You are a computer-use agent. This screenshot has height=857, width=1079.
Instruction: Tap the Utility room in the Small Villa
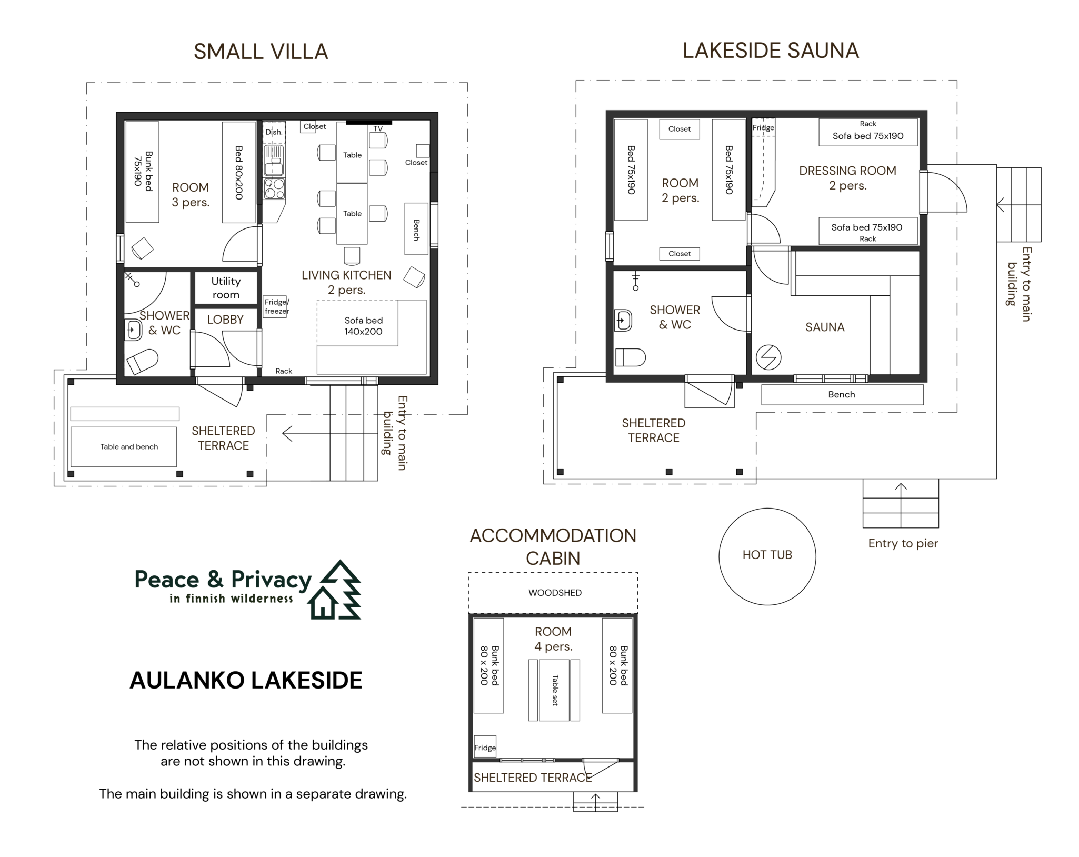(226, 288)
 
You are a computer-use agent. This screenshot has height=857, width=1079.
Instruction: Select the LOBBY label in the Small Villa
(225, 320)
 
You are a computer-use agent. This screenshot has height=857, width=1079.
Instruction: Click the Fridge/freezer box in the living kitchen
(275, 306)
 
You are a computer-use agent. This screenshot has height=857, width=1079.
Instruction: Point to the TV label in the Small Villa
(378, 128)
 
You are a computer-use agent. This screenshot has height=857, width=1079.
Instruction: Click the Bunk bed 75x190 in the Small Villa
(143, 172)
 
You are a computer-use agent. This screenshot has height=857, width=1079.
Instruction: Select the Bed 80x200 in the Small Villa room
(238, 173)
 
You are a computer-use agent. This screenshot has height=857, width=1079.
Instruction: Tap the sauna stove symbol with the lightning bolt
(768, 357)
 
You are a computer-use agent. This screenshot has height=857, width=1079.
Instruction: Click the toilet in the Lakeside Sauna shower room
(630, 357)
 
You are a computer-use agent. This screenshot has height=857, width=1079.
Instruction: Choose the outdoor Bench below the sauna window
(842, 394)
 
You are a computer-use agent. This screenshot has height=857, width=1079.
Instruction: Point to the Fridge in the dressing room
(763, 127)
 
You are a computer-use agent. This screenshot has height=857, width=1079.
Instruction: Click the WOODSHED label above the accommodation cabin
(555, 593)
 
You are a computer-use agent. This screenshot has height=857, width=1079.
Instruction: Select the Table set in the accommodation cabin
(554, 690)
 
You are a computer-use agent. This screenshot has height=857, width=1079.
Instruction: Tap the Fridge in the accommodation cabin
(485, 746)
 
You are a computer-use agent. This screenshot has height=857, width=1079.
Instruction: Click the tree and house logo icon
(335, 590)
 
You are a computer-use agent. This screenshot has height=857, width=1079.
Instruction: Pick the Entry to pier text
(903, 543)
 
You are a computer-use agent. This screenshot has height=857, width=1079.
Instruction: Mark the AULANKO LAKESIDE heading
(246, 680)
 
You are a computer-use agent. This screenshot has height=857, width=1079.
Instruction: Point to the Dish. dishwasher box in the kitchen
(274, 132)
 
